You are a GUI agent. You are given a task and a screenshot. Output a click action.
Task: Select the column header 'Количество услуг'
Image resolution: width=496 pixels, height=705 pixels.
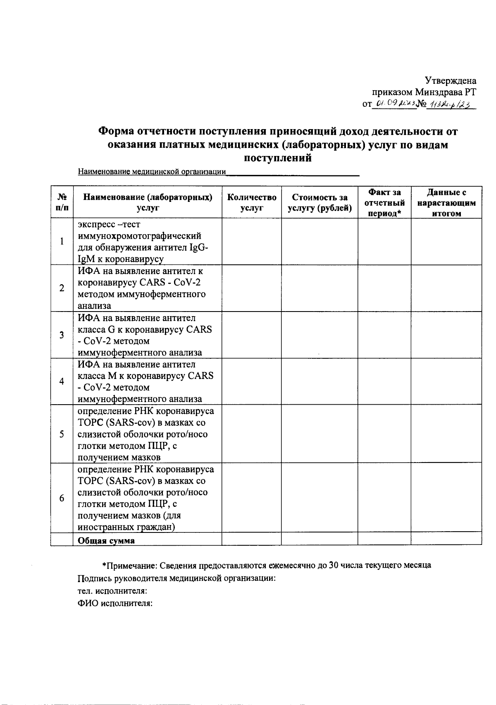point(252,203)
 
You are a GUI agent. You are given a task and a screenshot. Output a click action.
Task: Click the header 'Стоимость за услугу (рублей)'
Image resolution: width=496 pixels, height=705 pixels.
point(320,203)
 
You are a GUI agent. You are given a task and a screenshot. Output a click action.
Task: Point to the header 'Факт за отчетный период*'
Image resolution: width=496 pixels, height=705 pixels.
point(384,203)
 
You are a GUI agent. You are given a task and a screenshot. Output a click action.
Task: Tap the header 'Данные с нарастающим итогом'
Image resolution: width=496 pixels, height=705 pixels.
point(446,203)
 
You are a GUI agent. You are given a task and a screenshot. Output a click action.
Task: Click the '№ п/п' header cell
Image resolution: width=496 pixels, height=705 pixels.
point(62,203)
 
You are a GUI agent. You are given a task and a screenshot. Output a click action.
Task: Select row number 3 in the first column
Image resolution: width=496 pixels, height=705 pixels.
point(62,335)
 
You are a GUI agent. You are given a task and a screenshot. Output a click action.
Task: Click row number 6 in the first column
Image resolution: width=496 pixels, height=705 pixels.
point(62,498)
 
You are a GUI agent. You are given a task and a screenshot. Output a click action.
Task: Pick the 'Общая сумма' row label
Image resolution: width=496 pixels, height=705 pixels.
point(106,540)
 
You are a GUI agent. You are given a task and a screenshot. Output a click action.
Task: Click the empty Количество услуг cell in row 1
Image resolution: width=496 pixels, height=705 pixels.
point(252,242)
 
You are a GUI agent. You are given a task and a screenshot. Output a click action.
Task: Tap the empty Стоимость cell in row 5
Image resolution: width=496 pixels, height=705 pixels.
point(320,434)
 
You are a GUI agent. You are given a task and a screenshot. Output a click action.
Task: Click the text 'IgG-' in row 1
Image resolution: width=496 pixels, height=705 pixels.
point(198,247)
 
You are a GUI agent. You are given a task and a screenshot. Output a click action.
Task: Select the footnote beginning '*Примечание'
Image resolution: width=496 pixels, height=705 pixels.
point(267,565)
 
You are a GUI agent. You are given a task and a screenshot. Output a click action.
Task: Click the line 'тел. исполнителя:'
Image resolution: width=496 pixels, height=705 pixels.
point(112,591)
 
